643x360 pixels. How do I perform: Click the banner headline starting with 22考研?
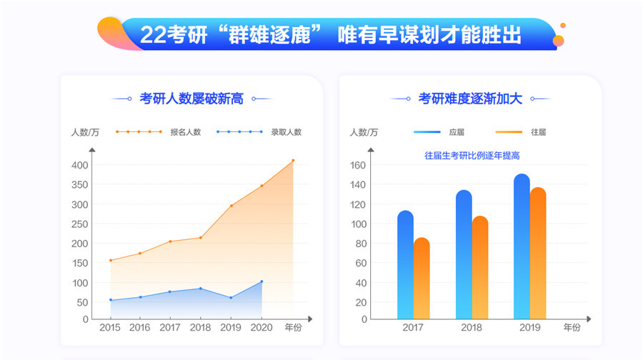[x=330, y=34]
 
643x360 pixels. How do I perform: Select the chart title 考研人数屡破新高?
[x=191, y=99]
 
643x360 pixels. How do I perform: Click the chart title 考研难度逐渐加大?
[x=470, y=99]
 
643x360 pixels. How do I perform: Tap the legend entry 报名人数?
[x=186, y=131]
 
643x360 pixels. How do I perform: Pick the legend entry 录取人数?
[x=286, y=131]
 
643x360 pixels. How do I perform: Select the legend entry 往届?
[x=538, y=131]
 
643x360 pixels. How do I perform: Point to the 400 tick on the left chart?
[x=79, y=165]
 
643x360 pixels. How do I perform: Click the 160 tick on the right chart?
[x=358, y=165]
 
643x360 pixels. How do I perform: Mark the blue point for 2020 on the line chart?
[x=261, y=281]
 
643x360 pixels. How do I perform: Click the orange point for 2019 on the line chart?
[x=231, y=206]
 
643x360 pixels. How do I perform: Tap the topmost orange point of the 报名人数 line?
[x=292, y=161]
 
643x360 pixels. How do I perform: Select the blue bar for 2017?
[x=405, y=264]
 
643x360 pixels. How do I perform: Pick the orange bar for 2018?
[x=480, y=267]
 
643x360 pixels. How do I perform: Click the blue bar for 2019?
[x=522, y=246]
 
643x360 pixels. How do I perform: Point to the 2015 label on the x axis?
[x=109, y=328]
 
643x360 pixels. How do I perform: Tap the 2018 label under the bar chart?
[x=471, y=328]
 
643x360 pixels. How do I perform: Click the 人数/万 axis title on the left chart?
[x=85, y=131]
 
